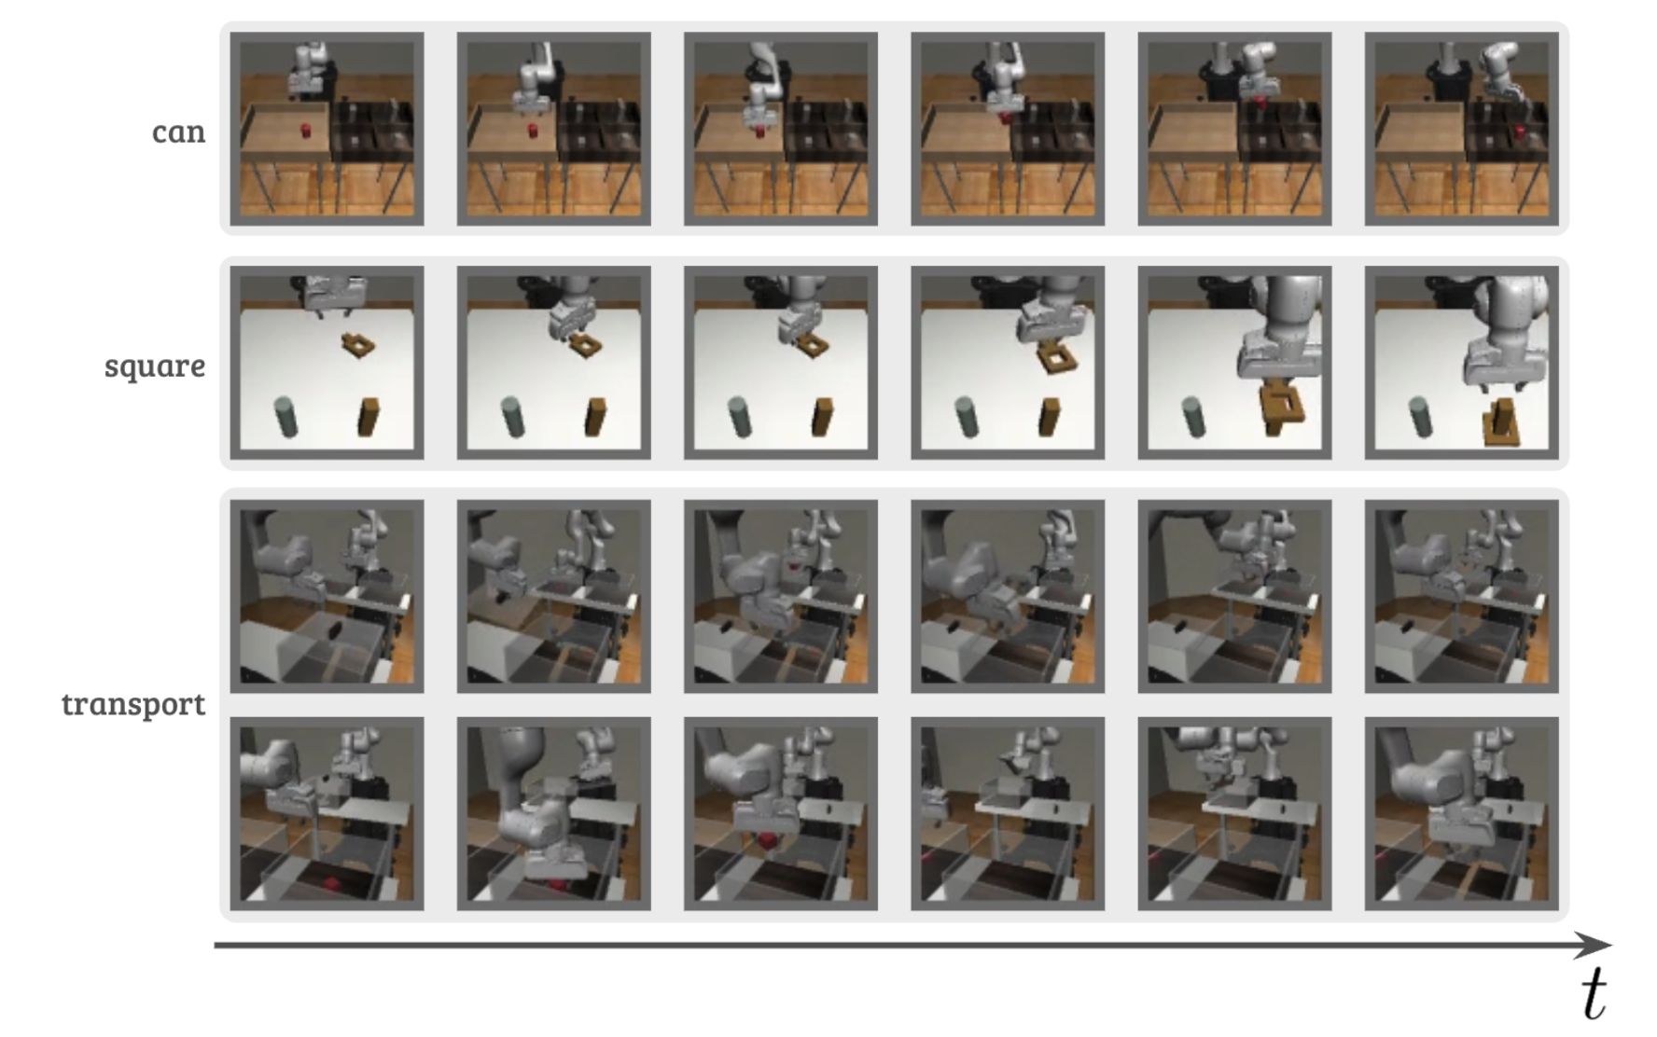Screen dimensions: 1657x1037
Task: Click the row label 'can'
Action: (178, 131)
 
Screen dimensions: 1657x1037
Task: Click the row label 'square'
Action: (155, 366)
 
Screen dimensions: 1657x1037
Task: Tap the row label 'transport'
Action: (133, 703)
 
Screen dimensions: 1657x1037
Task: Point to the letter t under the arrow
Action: (1594, 995)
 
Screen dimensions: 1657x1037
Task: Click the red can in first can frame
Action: (305, 130)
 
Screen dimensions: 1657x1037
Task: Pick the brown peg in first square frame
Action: (369, 417)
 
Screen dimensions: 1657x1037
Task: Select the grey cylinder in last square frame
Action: (1421, 416)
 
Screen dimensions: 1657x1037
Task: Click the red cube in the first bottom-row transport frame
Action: (331, 881)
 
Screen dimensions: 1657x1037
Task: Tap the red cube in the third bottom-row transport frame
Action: (766, 841)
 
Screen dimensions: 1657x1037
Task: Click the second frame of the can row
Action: (554, 129)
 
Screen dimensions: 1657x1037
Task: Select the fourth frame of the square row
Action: (1008, 363)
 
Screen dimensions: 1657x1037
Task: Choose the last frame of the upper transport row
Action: (1462, 596)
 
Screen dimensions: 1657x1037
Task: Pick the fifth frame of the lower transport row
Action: (1234, 813)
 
